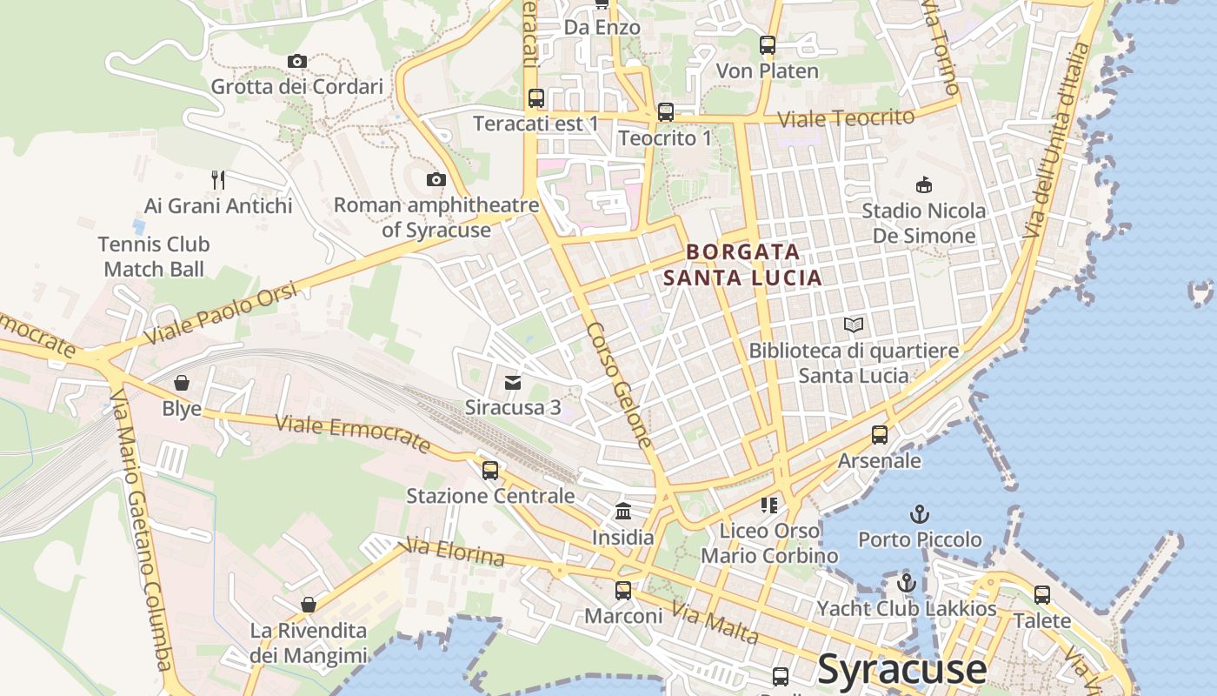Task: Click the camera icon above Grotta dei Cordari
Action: (297, 61)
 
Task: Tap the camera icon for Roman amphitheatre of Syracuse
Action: (436, 180)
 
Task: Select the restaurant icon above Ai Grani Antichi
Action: (218, 180)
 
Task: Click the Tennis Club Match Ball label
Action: (154, 257)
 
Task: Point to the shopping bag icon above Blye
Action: (182, 383)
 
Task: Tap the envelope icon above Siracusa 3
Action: (513, 382)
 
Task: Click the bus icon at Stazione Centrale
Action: (490, 471)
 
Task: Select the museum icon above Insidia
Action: (623, 512)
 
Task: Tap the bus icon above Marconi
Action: (623, 591)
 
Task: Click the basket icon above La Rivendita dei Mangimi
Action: (309, 605)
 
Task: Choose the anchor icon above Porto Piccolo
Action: (919, 514)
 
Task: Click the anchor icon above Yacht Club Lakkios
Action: (907, 583)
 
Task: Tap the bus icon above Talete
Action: (1041, 595)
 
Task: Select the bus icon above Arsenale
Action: (880, 434)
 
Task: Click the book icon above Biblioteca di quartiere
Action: (854, 325)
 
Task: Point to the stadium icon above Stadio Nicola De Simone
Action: (923, 185)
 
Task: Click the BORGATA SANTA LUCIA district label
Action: (742, 264)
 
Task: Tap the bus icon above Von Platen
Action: (767, 45)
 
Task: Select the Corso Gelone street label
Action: (619, 385)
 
